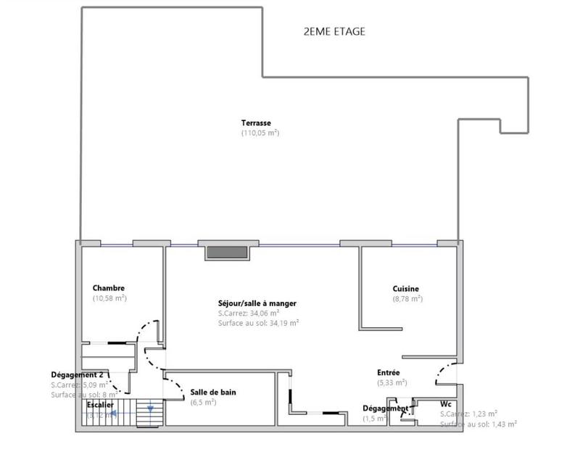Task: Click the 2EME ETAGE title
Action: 334,32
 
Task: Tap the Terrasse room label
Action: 256,123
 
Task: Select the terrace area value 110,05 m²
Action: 260,133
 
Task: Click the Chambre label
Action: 109,288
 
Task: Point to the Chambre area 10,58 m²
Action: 109,298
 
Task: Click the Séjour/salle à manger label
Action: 257,303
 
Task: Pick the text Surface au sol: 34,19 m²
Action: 258,324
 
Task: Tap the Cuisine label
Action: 406,288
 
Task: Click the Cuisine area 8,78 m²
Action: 407,298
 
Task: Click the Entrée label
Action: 389,372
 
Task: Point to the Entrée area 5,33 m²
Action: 391,382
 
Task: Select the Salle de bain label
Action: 213,393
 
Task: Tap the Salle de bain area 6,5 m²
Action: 203,402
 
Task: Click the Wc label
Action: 446,403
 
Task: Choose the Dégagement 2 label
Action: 82,374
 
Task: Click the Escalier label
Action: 100,405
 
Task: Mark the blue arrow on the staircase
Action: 150,411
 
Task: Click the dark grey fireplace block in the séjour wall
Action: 228,252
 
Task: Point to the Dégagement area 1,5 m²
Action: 375,419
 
